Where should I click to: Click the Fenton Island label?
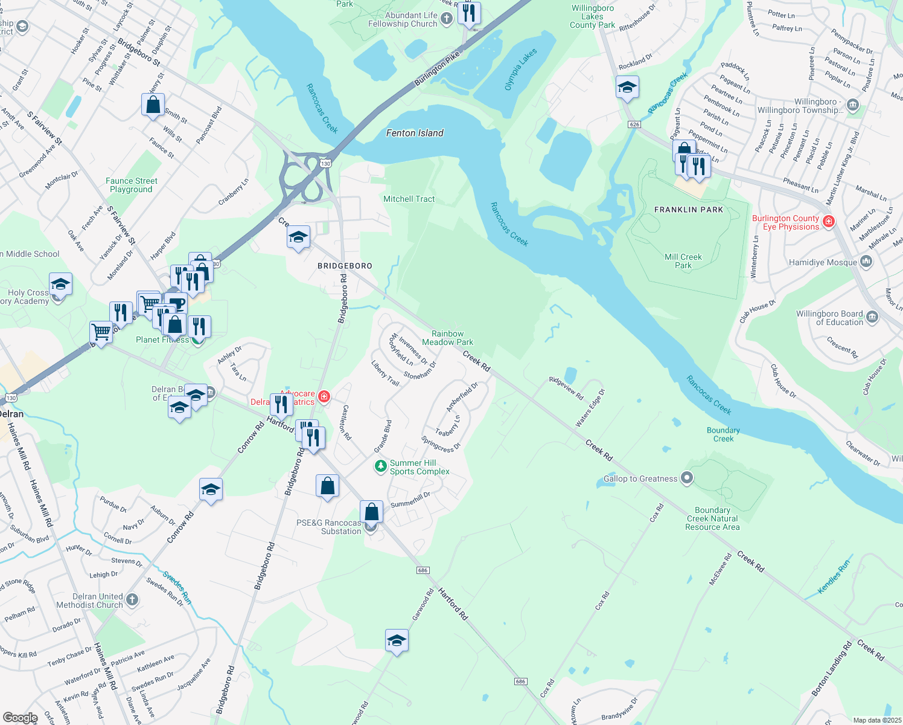tap(415, 133)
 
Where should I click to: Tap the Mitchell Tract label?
tap(409, 199)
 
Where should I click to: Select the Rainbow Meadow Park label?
tap(447, 338)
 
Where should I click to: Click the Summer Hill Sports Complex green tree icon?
tap(380, 466)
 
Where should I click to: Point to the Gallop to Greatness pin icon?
tap(687, 478)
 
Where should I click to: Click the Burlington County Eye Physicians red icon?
tap(829, 222)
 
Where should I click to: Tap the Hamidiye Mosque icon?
tap(867, 262)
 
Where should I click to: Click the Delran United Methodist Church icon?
tap(132, 600)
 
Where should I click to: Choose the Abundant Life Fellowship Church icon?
tap(446, 19)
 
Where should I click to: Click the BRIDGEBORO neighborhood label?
tap(345, 266)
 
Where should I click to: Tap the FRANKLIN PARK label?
tap(689, 210)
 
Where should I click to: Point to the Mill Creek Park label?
tap(683, 261)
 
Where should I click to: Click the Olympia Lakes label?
tap(520, 70)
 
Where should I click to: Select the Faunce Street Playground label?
tap(131, 185)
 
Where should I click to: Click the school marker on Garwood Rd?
tap(397, 641)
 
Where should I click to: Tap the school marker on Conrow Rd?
tap(211, 490)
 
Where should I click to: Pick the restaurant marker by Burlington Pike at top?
tap(469, 13)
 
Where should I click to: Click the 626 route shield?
tap(634, 124)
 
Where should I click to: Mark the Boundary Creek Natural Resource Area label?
tap(712, 518)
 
